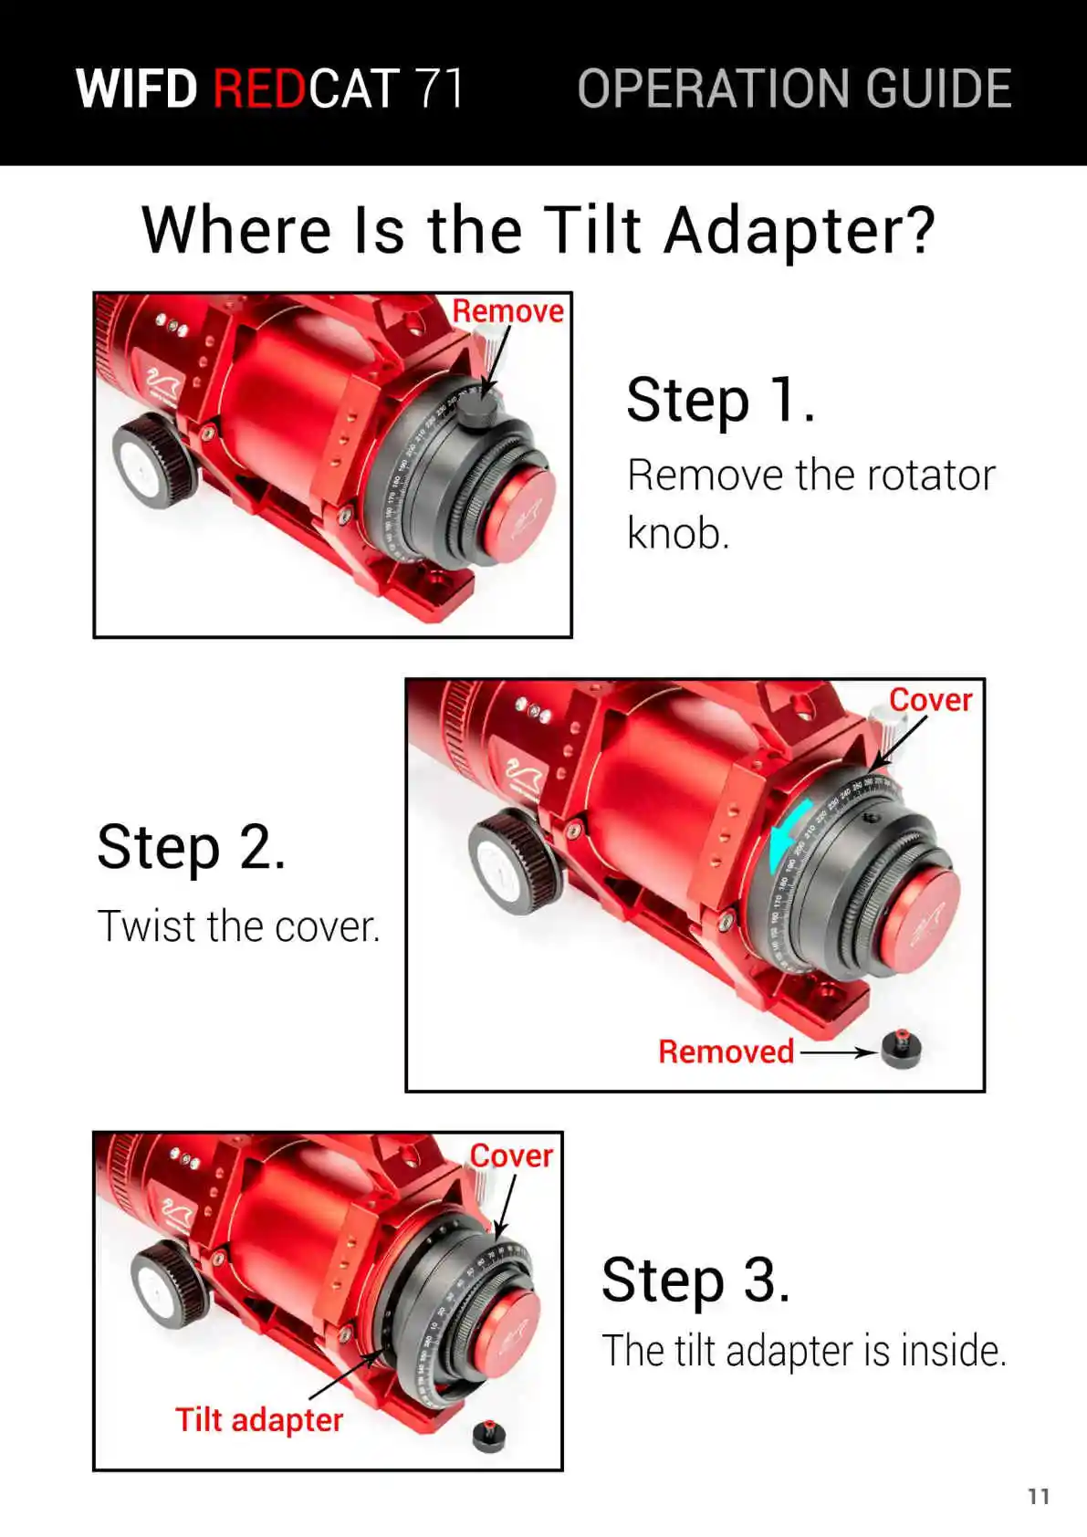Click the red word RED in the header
258,89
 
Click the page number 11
1039,1497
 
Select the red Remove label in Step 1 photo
507,311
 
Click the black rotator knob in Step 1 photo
478,412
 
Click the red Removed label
726,1051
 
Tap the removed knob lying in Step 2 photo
901,1049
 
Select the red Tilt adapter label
259,1420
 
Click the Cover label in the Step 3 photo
511,1156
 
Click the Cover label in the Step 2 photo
931,700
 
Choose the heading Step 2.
191,847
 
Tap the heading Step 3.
695,1280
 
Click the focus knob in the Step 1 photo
155,460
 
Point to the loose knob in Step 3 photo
489,1437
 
